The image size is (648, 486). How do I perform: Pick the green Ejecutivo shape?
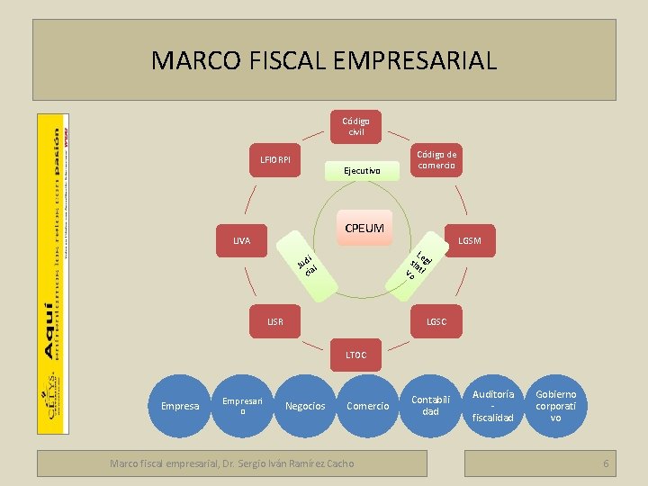(x=362, y=170)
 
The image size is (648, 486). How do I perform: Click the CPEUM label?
(x=364, y=229)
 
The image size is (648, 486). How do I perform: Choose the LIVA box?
(x=241, y=240)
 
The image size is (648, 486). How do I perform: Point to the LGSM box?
(x=469, y=240)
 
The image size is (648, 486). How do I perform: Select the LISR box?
(x=274, y=321)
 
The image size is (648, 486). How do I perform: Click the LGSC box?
(x=436, y=321)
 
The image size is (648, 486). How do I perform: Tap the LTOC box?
(x=356, y=355)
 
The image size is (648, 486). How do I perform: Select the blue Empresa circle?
(x=179, y=407)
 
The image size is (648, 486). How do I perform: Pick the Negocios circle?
(x=305, y=407)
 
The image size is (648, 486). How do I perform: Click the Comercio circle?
(x=368, y=407)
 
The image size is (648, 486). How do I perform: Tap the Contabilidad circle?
(x=431, y=405)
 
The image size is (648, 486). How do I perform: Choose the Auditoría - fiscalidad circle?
(x=494, y=405)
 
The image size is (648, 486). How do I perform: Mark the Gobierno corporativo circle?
(x=556, y=406)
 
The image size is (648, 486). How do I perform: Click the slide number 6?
(x=606, y=463)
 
